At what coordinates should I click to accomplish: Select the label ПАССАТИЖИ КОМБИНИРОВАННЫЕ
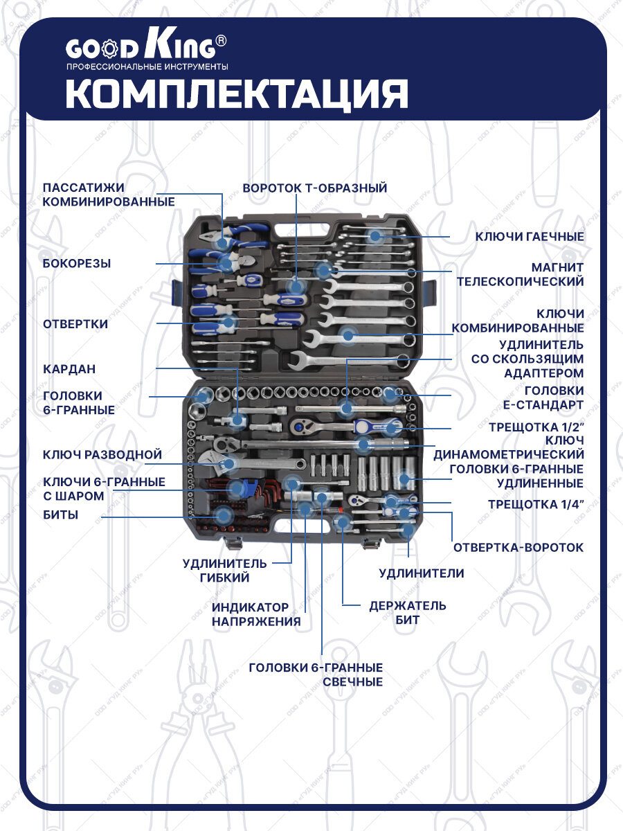pyautogui.click(x=108, y=195)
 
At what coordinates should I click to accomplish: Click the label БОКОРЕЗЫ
pyautogui.click(x=77, y=263)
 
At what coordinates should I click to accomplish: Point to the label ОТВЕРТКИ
pyautogui.click(x=75, y=324)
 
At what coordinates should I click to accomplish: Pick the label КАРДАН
pyautogui.click(x=69, y=369)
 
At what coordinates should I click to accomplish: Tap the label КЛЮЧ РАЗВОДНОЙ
pyautogui.click(x=102, y=455)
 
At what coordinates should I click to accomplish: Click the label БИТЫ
pyautogui.click(x=60, y=515)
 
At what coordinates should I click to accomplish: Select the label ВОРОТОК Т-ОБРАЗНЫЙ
pyautogui.click(x=314, y=188)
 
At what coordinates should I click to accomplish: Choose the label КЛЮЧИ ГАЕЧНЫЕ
pyautogui.click(x=530, y=237)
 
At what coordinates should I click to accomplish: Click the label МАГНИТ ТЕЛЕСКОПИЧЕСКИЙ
pyautogui.click(x=520, y=274)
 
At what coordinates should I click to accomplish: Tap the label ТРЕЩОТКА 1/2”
pyautogui.click(x=536, y=427)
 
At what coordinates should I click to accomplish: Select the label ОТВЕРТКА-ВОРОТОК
pyautogui.click(x=518, y=547)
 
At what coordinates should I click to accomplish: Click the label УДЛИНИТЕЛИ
pyautogui.click(x=421, y=573)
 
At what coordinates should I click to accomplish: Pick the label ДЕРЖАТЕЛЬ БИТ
pyautogui.click(x=407, y=613)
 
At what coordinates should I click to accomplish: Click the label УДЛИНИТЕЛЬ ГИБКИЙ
pyautogui.click(x=224, y=571)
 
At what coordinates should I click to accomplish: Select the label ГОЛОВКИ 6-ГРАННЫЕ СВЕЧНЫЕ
pyautogui.click(x=316, y=674)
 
